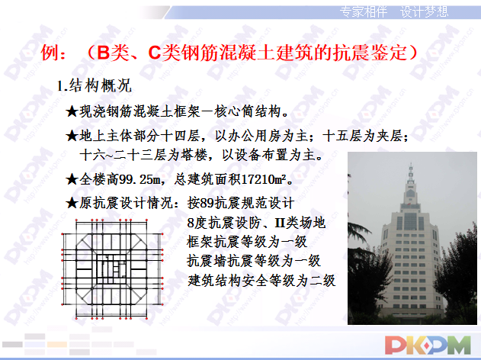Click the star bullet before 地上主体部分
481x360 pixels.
72,137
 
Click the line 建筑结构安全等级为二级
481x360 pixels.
261,280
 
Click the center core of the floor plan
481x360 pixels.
115,268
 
